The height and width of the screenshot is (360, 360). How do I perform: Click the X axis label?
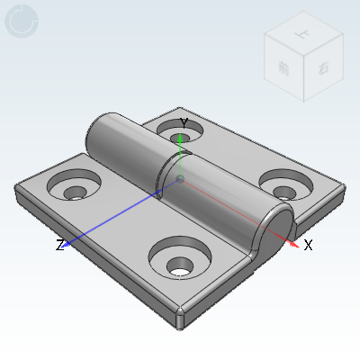[x=308, y=245]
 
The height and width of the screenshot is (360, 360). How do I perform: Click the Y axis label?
[x=183, y=122]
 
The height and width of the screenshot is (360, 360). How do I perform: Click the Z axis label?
[x=59, y=245]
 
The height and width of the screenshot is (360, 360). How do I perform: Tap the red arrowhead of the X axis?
[x=294, y=240]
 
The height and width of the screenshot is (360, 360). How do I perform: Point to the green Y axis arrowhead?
[x=182, y=138]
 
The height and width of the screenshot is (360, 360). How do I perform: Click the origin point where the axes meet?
[x=181, y=180]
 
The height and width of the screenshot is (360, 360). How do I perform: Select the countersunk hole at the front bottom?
[x=181, y=263]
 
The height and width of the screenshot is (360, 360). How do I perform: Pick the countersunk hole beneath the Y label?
[x=179, y=133]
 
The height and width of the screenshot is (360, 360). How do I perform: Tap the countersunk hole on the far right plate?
[x=283, y=186]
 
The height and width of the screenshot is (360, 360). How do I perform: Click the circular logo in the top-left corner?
[x=21, y=22]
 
